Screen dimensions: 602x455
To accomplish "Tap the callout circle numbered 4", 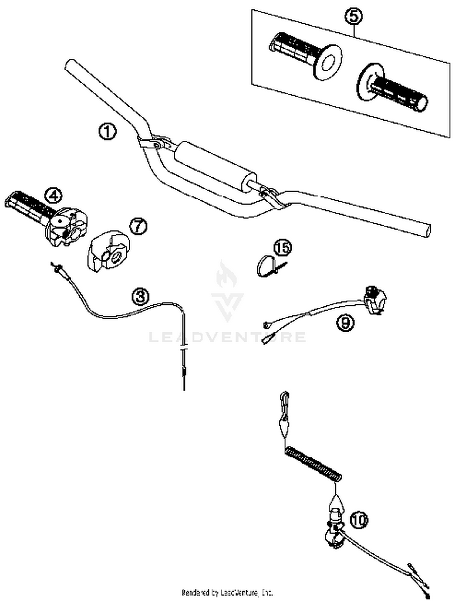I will coord(53,196).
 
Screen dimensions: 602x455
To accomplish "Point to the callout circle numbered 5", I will coord(354,16).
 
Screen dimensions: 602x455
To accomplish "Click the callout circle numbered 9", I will coord(345,323).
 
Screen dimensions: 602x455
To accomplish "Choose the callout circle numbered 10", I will coord(359,520).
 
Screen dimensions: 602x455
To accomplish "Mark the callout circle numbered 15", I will coord(282,248).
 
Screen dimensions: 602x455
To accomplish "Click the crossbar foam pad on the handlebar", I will coord(215,165).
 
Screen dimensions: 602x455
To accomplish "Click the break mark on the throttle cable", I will coord(184,347).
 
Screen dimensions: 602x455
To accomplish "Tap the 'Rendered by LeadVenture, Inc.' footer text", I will coord(227,592).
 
